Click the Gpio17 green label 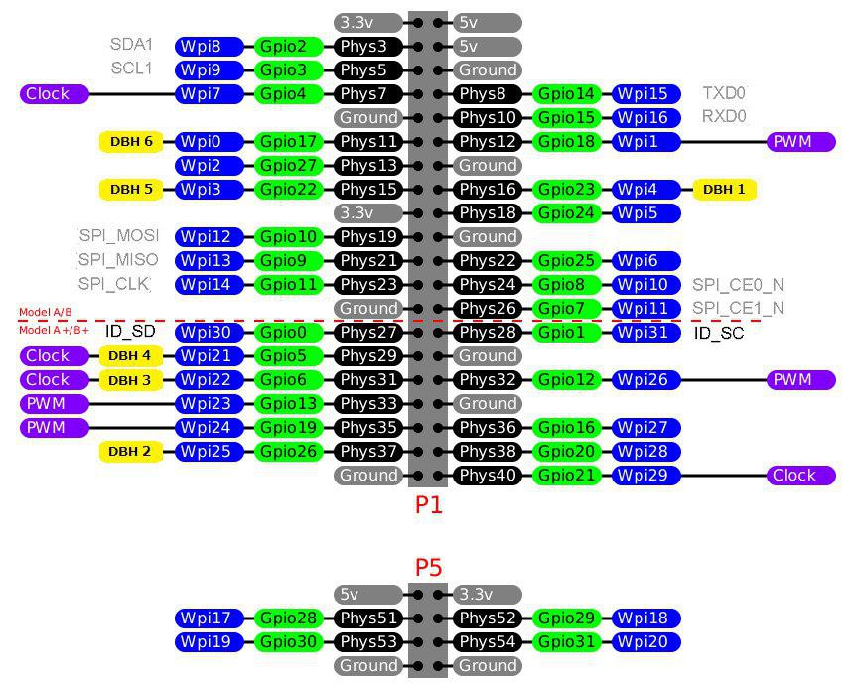click(x=289, y=142)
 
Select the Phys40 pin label click(x=488, y=476)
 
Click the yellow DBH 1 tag click(x=725, y=190)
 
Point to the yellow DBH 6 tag click(x=131, y=142)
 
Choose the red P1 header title click(x=428, y=505)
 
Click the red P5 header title click(x=428, y=568)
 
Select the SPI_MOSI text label click(x=118, y=236)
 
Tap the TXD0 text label click(x=724, y=93)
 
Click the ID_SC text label click(x=719, y=333)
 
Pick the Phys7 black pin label click(x=368, y=94)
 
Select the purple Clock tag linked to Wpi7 click(x=55, y=94)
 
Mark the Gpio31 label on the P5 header click(x=567, y=642)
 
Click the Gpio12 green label click(x=567, y=380)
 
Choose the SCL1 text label click(x=131, y=69)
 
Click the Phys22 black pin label click(x=488, y=261)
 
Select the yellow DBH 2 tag click(x=131, y=452)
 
